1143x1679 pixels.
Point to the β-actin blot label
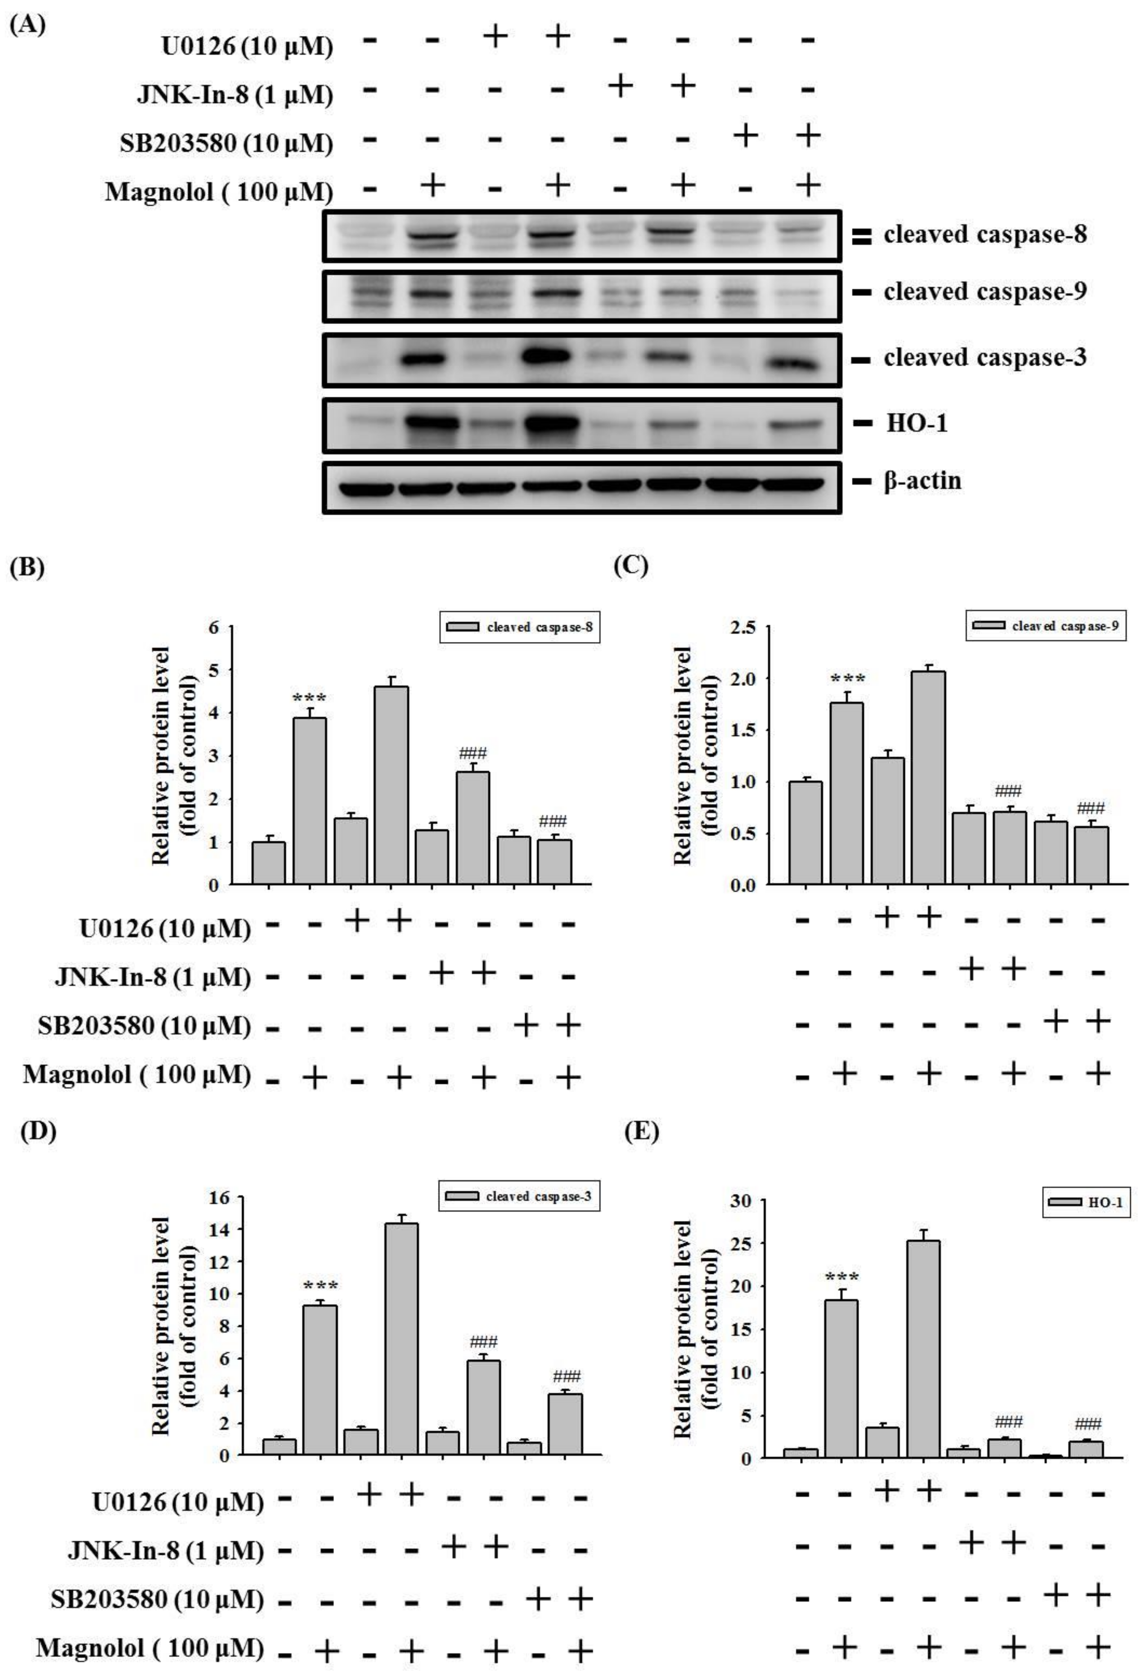(922, 480)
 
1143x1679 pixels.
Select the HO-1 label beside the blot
(916, 423)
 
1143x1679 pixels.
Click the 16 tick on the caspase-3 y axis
(218, 1197)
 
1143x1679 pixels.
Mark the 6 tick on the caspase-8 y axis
(213, 627)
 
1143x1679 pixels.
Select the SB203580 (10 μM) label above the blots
(226, 143)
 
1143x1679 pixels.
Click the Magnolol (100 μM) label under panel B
(136, 1075)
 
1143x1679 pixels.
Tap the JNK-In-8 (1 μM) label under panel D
(166, 1550)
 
